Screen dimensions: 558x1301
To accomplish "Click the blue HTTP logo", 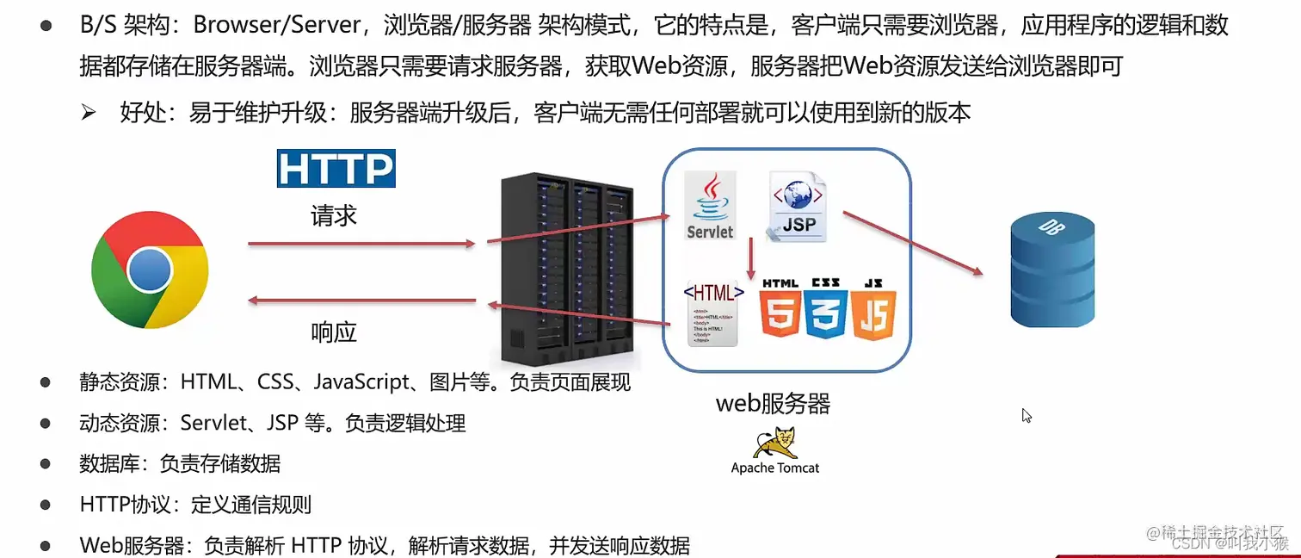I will (336, 169).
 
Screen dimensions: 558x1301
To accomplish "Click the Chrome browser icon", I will (150, 270).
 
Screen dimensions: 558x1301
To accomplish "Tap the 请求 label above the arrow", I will (334, 215).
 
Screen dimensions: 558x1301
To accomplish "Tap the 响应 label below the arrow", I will (334, 332).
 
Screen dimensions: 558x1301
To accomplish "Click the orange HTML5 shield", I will (780, 309).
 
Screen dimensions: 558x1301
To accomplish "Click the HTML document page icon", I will (713, 314).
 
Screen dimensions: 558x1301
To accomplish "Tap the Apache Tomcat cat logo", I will (774, 443).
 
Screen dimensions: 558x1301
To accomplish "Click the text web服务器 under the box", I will (773, 403).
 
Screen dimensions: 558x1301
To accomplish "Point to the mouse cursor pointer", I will (1026, 415).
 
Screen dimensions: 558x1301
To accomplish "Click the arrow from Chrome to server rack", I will (361, 245).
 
